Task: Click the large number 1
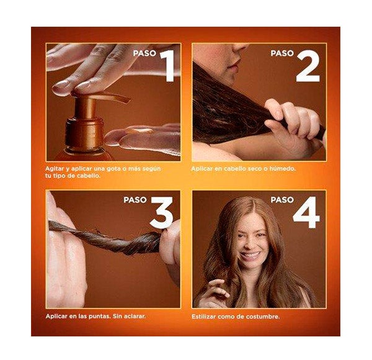coord(168,66)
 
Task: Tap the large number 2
coord(308,66)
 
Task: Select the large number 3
coord(162,212)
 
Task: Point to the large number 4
coord(306,212)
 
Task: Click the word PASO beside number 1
coord(144,53)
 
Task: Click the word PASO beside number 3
coord(135,200)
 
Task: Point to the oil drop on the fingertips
coord(142,130)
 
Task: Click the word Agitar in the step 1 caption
coord(55,169)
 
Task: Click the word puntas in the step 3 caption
coord(99,317)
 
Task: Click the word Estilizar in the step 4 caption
coord(203,317)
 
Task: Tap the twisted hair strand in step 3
coord(105,238)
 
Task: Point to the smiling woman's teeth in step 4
coord(250,256)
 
